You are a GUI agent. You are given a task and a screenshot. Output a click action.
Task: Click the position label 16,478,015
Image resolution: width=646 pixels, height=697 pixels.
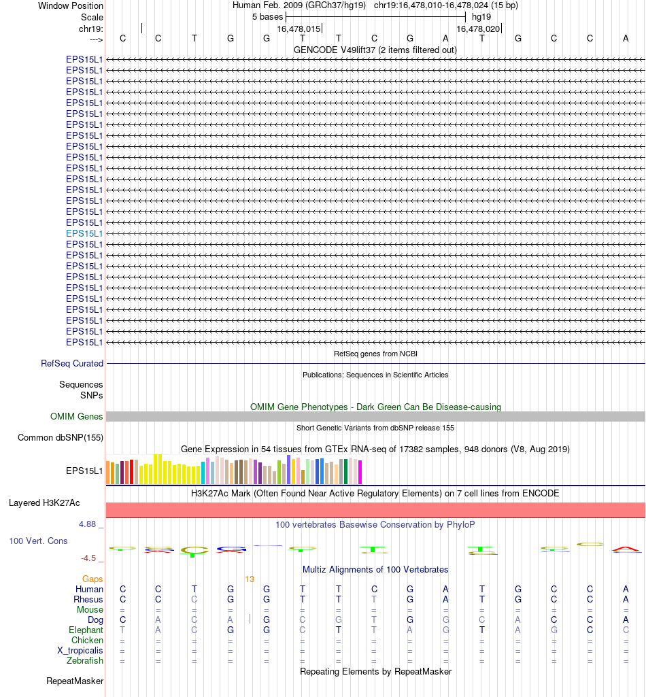coord(299,29)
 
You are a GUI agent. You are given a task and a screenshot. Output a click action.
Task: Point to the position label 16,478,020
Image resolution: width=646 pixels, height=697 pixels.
coord(478,29)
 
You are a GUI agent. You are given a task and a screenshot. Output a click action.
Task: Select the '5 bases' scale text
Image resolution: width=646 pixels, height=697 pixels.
coord(267,16)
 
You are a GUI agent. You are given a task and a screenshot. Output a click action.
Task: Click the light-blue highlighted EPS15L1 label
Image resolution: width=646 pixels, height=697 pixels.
coord(84,233)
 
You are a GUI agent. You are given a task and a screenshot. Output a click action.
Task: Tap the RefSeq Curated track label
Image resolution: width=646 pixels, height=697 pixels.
coord(72,364)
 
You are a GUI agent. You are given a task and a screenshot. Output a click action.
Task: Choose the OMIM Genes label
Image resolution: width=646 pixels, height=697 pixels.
coord(77,417)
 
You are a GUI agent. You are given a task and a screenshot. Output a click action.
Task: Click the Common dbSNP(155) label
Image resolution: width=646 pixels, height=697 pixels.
coord(61,438)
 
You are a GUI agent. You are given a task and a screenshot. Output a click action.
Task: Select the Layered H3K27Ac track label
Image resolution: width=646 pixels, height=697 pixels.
coord(44,503)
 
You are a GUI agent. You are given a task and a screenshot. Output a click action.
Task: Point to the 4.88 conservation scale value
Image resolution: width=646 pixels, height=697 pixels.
coord(88,524)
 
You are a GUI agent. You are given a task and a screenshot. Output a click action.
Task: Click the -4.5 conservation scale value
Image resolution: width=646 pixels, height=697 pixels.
coord(88,558)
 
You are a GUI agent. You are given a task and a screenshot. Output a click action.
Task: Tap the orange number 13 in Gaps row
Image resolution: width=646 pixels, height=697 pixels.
coord(250,579)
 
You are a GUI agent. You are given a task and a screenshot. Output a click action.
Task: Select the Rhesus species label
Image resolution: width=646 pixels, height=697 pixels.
coord(88,600)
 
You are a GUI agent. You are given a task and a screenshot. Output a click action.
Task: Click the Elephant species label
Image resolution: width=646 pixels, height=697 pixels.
coord(86,630)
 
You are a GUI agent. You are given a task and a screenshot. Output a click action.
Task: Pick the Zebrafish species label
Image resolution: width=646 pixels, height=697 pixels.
coord(85,661)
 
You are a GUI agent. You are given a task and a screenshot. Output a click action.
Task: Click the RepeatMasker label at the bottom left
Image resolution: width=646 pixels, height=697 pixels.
coord(75,681)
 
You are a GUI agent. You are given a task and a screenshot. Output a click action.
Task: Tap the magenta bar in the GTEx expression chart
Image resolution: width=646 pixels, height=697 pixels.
coord(360,473)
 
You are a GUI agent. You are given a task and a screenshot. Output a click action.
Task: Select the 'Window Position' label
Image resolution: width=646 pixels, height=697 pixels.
coord(71,5)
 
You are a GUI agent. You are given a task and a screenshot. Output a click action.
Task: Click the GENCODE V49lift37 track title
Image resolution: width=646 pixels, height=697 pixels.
coord(375,50)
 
